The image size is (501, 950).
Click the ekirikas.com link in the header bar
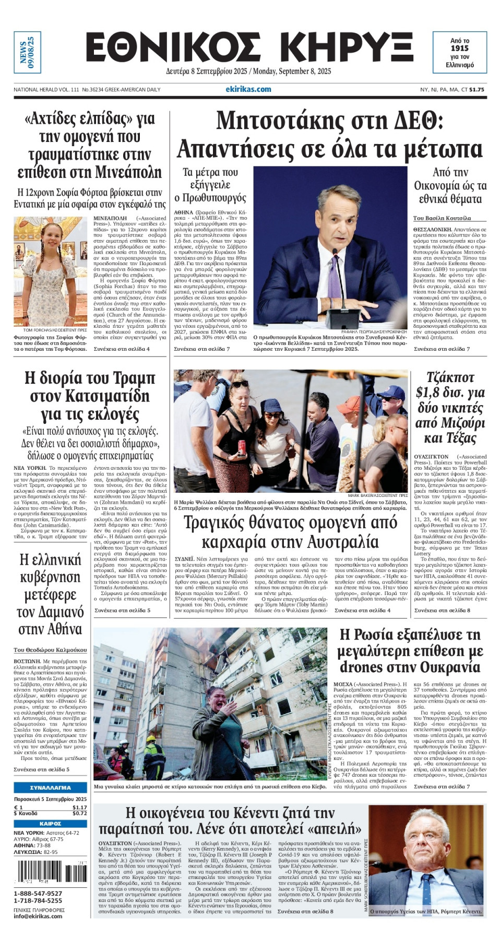[x=248, y=89]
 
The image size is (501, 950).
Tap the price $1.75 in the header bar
[x=476, y=90]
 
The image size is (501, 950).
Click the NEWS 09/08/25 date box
[x=27, y=52]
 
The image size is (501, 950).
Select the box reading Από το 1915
[x=460, y=52]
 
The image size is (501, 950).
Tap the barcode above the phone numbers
[x=51, y=872]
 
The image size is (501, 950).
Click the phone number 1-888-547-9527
[x=38, y=894]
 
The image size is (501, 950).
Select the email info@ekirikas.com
[x=38, y=916]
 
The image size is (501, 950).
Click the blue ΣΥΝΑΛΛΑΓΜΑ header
[x=51, y=787]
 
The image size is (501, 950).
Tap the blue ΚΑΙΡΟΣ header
[x=51, y=823]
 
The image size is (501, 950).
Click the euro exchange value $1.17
[x=79, y=807]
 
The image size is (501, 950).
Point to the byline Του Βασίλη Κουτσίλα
[x=442, y=218]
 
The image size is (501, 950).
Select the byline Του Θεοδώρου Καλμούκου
[x=51, y=650]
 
